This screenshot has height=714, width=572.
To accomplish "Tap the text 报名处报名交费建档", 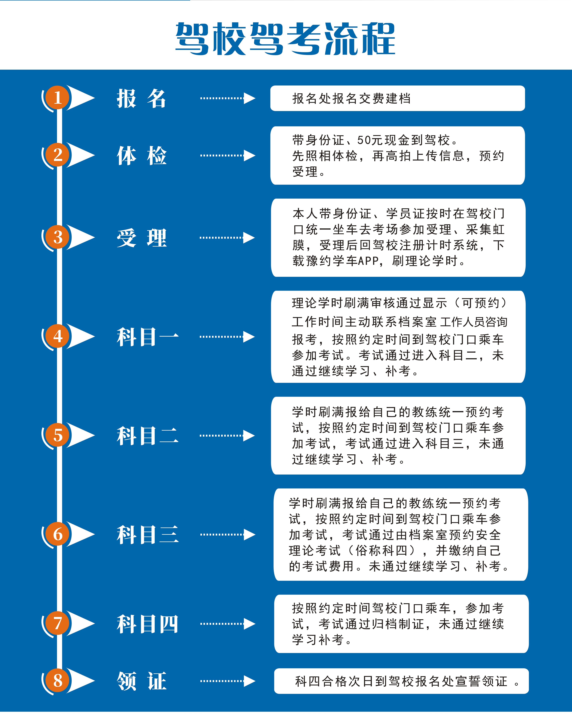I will [x=351, y=98].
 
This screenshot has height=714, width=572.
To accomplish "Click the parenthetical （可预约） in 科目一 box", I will [x=481, y=303].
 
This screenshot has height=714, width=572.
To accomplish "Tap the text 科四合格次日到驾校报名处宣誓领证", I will [x=401, y=681].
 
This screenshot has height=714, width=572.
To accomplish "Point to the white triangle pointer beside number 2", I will [x=81, y=155].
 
